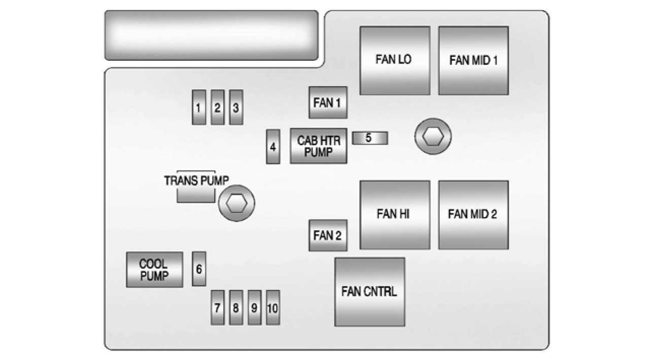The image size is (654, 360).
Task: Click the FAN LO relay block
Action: [x=394, y=60]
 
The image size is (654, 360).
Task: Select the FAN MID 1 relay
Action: [x=473, y=60]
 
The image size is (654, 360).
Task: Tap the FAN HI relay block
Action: [x=394, y=214]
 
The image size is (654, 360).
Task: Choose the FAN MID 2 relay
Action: [x=473, y=214]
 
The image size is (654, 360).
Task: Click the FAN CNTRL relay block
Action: [x=369, y=292]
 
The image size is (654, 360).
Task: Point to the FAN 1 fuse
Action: [x=328, y=102]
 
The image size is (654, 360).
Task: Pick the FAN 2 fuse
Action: [x=328, y=235]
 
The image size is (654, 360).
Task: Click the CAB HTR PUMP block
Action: [x=319, y=146]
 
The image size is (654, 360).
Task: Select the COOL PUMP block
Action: [x=154, y=270]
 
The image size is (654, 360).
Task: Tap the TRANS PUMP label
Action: [x=196, y=181]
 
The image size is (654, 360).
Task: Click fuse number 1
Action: [x=199, y=107]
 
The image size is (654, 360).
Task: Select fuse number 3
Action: [x=236, y=107]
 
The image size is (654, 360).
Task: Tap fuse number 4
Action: [x=273, y=147]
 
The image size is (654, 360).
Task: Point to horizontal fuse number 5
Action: [x=370, y=138]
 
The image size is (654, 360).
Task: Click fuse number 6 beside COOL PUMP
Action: [x=199, y=269]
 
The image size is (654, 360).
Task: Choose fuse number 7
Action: [x=218, y=307]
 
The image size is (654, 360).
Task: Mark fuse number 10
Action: [x=273, y=307]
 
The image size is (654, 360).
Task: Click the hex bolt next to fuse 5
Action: [x=433, y=136]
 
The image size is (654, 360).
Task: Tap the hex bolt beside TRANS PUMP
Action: [x=236, y=203]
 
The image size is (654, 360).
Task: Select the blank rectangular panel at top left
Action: [x=211, y=35]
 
